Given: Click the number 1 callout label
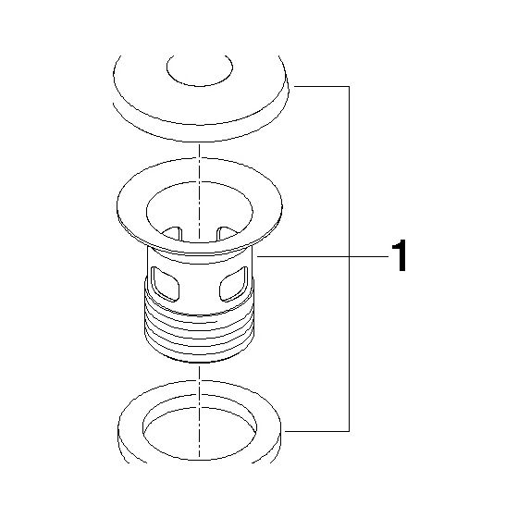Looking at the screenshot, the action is [x=400, y=255].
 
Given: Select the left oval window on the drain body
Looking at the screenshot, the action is [x=165, y=284].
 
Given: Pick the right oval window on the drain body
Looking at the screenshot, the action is [x=234, y=284].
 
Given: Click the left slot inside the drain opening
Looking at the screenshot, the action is [x=173, y=233].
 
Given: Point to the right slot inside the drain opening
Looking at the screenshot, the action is [x=226, y=233].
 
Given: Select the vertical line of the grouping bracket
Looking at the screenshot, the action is [x=350, y=259].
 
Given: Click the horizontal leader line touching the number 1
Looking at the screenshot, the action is [x=323, y=256].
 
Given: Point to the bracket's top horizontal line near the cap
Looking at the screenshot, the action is [x=322, y=87].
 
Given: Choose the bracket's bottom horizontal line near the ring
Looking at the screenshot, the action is [x=317, y=431].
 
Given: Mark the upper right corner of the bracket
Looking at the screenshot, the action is [x=350, y=87].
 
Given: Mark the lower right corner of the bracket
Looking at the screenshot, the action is [x=350, y=431].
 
